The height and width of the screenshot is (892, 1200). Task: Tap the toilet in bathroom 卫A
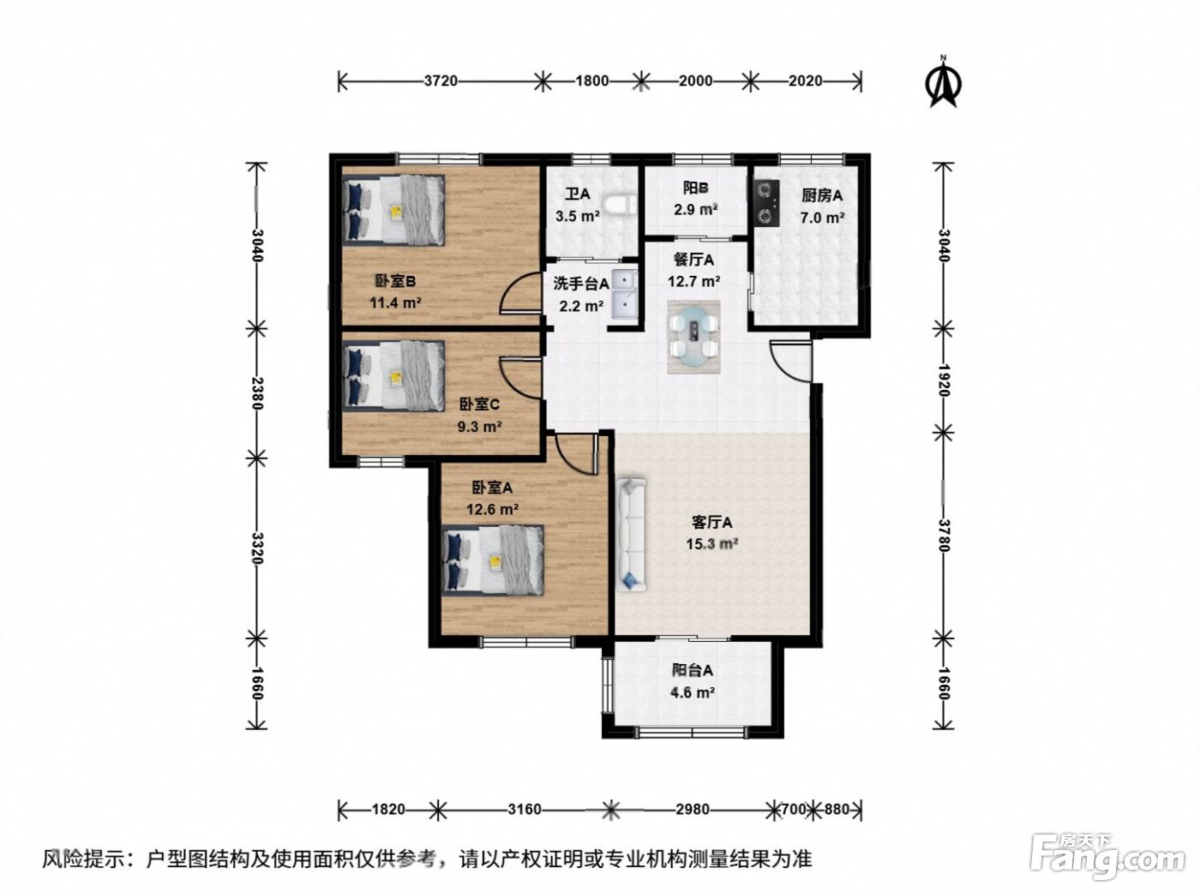[620, 206]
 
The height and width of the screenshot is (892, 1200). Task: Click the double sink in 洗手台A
[624, 295]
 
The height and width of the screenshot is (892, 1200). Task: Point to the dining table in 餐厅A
[693, 337]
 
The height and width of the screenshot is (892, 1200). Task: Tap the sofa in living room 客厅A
[632, 534]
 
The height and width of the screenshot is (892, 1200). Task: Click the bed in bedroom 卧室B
[393, 210]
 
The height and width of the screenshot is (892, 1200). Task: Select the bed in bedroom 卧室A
[492, 560]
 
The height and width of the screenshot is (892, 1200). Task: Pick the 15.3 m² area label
[712, 543]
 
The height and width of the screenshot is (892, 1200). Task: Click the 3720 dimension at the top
[441, 81]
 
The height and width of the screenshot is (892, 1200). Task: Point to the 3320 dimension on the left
[257, 548]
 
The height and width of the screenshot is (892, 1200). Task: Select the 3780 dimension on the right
[943, 536]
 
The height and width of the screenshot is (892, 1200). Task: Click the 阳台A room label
[693, 670]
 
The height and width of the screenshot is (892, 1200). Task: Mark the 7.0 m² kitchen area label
[822, 218]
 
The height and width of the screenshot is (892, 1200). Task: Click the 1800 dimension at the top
[592, 81]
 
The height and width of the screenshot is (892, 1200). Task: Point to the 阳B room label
[696, 188]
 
